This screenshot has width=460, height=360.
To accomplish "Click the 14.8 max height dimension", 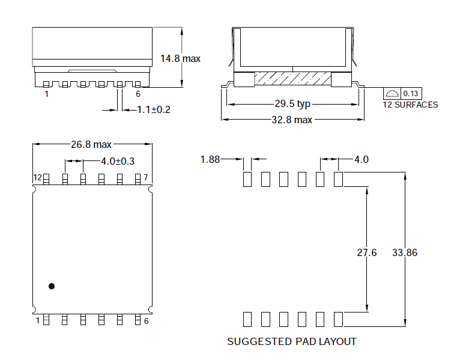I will tap(180, 58).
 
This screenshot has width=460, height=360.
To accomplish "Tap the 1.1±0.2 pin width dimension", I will tap(154, 109).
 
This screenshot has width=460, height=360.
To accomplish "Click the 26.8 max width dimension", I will tap(91, 144).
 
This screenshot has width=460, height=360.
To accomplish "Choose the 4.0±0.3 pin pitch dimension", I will tap(117, 161).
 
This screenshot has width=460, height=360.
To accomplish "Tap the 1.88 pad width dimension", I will tap(210, 159).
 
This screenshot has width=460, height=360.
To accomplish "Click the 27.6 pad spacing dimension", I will tap(366, 252).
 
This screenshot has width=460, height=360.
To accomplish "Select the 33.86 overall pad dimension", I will tap(405, 252).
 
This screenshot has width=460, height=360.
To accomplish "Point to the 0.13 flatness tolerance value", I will tap(411, 94).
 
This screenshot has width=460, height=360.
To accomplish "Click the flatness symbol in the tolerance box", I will tap(392, 94).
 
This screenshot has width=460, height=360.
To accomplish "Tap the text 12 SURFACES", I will tap(411, 105).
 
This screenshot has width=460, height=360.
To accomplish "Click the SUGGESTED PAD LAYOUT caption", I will tap(291, 341).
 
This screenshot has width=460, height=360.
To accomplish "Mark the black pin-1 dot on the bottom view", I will tap(52, 286).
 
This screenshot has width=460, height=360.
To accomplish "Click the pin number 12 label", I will tap(37, 178).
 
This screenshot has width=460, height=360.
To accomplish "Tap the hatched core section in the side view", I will tap(292, 78).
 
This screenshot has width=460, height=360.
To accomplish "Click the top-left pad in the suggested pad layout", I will tap(247, 179).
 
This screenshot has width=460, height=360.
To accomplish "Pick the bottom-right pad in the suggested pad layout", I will tap(338, 319).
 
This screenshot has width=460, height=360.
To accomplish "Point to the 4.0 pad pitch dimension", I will tap(361, 159).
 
